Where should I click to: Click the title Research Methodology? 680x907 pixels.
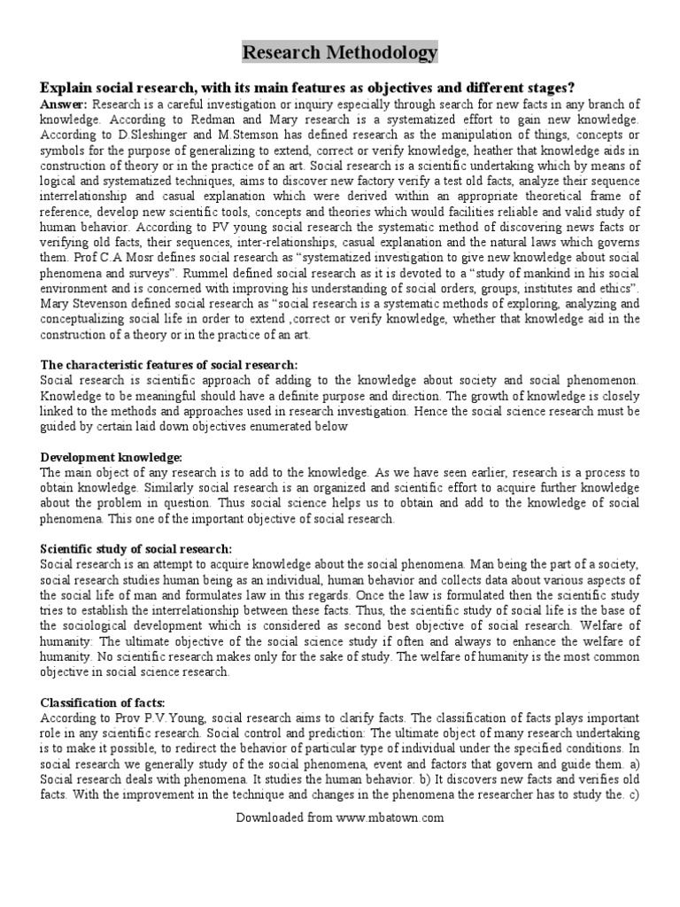[x=340, y=53]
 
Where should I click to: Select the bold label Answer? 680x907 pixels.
[x=64, y=105]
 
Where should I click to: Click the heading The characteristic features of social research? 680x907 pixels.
[x=169, y=365]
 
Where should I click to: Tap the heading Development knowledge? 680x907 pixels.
[x=112, y=457]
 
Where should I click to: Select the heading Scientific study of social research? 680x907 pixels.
[x=136, y=549]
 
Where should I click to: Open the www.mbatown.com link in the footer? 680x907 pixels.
[x=390, y=818]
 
